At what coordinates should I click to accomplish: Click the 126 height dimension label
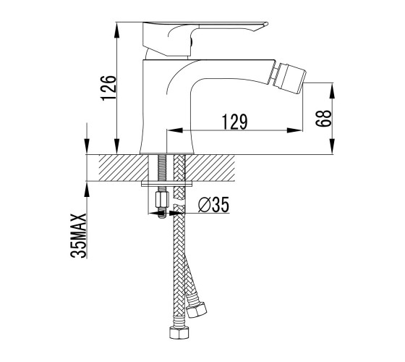tap(108, 88)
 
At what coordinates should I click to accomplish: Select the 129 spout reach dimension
tap(235, 122)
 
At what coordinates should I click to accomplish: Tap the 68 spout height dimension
tap(323, 118)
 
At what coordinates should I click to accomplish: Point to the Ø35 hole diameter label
tap(213, 204)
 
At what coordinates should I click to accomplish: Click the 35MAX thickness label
tap(78, 235)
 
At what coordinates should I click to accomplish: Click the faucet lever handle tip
tap(265, 24)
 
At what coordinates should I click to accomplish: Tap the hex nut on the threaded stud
tap(162, 200)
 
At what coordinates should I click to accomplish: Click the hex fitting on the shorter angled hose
tap(197, 309)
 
